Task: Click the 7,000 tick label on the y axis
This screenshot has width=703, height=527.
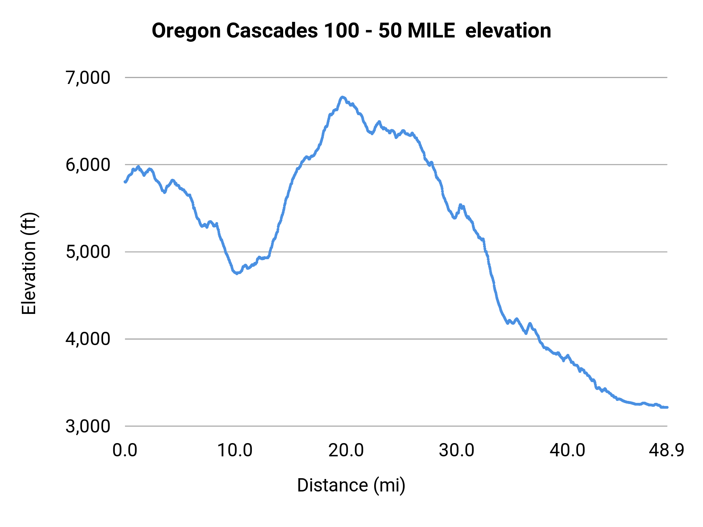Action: coord(88,78)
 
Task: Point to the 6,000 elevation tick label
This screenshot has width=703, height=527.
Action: coord(88,165)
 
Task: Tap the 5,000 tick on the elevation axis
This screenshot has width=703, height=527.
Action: coord(88,252)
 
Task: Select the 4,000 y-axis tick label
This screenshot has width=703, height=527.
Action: coord(88,339)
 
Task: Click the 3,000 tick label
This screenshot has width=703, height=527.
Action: coord(88,426)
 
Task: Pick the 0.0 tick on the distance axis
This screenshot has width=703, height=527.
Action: coord(125,450)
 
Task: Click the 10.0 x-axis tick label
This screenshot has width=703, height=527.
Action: coord(235,450)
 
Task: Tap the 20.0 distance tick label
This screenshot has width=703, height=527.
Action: coord(346,450)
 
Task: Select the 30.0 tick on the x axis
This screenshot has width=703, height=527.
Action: coord(457,450)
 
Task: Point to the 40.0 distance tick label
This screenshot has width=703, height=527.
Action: coord(567,450)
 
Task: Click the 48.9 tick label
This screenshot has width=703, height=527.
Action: coord(667,450)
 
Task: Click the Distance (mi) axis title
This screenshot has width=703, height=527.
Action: coord(351,485)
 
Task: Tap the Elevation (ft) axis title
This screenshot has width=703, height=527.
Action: coord(29,263)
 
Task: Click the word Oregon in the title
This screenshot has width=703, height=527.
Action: coord(186,31)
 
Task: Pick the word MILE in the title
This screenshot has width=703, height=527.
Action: coord(432,31)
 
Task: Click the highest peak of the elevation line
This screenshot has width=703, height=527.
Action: coord(343,97)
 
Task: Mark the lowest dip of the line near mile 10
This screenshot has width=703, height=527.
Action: coord(237,273)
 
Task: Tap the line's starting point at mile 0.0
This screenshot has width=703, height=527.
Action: coord(125,182)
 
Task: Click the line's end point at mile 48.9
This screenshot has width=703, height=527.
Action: coord(667,407)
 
